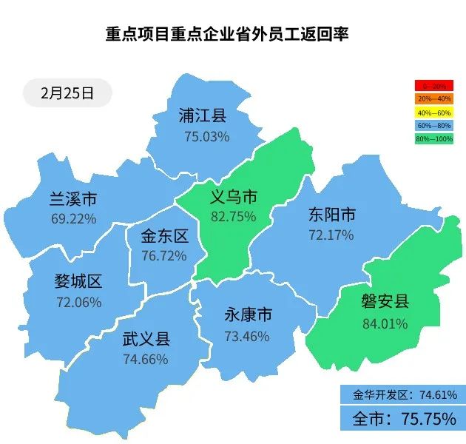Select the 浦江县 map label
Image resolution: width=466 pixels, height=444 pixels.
202,115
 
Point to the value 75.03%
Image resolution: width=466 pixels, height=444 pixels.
207,137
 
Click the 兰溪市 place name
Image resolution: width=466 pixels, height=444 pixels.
73,199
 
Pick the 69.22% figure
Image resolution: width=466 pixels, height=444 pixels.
74,219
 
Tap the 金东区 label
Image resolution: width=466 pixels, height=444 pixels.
164,236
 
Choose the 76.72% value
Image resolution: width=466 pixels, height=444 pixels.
164,255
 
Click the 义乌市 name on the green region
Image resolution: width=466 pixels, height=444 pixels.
234,196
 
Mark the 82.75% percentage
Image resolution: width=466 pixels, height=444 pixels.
234,217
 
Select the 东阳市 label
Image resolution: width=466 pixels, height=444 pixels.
331,215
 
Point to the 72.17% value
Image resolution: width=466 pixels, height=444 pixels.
331,235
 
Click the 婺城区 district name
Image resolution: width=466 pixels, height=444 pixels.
78,282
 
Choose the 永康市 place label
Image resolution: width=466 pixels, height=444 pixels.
248,315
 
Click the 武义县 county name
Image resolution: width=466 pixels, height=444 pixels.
146,340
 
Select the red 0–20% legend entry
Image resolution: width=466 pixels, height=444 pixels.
434,87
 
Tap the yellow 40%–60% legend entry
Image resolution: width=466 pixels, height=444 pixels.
434,112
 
